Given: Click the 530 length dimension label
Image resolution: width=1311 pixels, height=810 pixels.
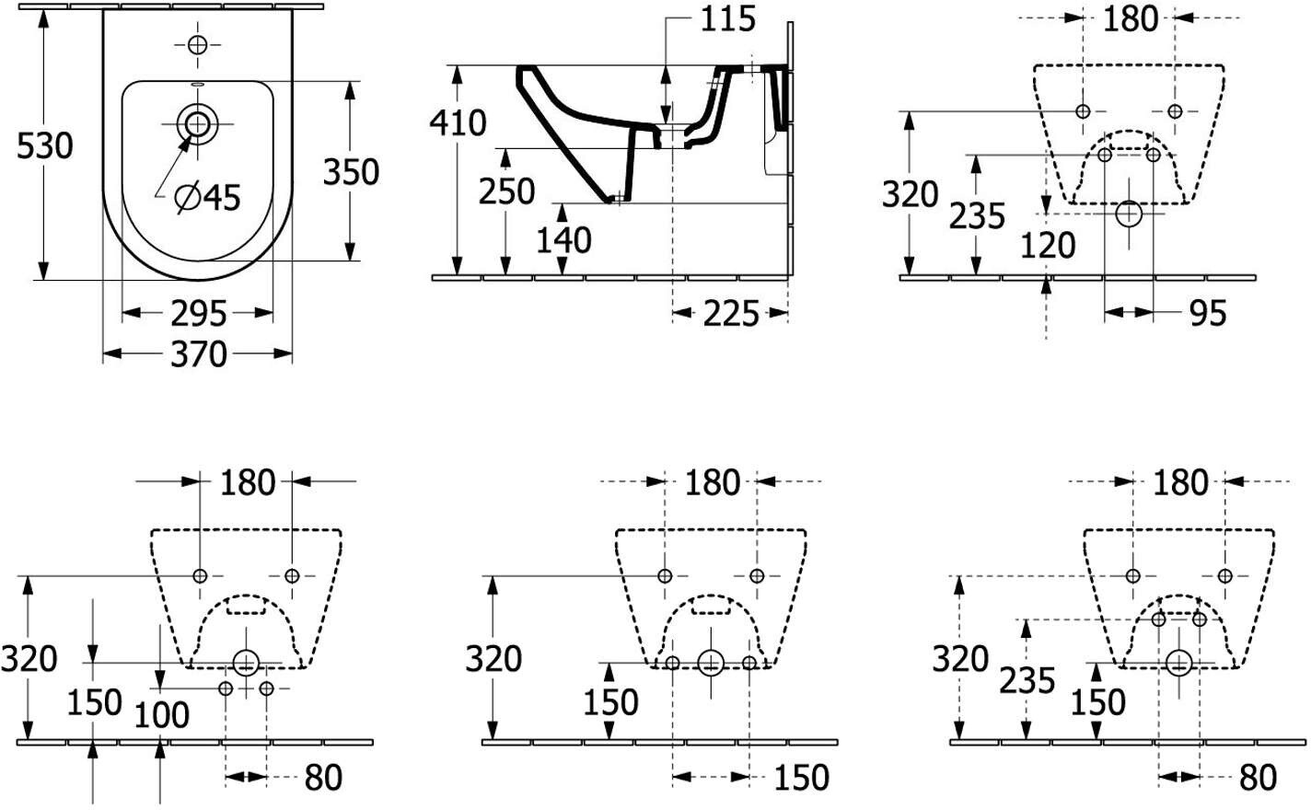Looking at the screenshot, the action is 44,146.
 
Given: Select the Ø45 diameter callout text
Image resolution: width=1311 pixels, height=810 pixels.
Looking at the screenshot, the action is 208,197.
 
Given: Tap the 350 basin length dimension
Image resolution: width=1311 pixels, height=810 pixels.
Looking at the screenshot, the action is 351,172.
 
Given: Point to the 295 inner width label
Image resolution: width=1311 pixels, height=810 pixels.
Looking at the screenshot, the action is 199,314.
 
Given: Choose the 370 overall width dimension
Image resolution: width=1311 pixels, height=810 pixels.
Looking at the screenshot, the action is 199,354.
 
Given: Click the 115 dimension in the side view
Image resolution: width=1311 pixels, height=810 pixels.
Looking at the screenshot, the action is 728,19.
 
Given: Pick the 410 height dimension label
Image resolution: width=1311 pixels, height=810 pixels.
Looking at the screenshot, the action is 458,123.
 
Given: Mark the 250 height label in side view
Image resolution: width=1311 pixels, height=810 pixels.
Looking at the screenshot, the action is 507,191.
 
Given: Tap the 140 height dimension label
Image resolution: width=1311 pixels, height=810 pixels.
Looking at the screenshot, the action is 563,240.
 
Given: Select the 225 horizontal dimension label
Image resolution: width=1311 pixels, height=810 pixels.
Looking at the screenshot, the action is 731,314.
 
